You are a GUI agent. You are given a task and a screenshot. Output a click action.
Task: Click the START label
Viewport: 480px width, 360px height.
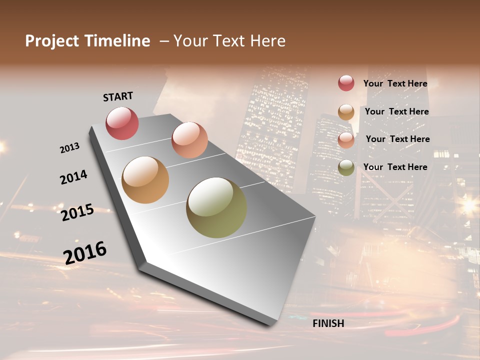118,96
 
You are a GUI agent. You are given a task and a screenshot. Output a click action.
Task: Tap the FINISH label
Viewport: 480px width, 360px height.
328,323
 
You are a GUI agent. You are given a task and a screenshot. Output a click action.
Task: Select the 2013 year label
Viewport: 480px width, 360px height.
69,148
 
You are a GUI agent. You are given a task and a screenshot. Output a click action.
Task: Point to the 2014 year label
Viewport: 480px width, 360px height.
73,177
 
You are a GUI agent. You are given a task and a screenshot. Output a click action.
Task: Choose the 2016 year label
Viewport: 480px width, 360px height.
85,253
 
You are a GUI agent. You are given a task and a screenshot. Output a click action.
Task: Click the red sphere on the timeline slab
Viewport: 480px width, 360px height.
122,123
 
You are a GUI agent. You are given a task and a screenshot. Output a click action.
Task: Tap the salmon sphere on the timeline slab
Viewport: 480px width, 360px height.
189,140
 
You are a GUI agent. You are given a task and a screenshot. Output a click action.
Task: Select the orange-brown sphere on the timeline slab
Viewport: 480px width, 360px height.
145,180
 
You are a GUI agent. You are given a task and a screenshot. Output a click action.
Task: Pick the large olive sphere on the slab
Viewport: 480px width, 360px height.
216,207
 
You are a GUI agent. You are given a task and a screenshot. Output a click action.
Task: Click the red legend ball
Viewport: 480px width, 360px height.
346,83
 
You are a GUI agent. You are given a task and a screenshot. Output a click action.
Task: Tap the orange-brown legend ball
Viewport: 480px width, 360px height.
346,112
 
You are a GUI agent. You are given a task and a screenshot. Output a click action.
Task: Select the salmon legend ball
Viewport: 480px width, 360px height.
346,140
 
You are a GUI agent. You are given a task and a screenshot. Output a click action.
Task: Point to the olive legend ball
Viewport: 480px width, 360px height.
346,168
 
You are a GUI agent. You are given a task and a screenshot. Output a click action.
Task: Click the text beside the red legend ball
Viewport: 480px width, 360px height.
395,83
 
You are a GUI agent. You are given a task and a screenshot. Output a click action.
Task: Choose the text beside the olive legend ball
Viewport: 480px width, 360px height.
395,167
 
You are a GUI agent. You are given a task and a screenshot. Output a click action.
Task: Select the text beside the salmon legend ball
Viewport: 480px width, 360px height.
397,139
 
